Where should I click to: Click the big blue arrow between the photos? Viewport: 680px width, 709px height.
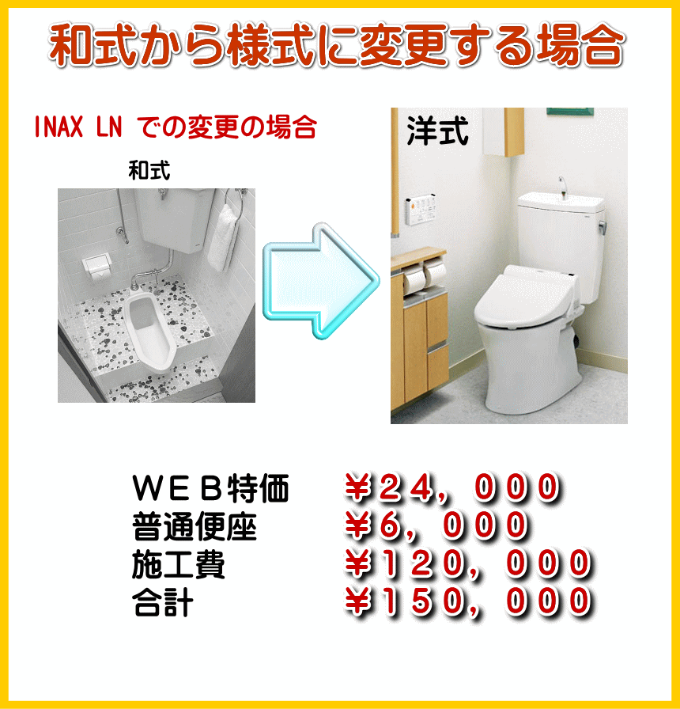click(321, 281)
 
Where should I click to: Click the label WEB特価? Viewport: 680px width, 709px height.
click(210, 488)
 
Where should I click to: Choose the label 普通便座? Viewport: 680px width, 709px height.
click(195, 527)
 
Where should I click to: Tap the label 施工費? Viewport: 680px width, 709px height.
click(179, 565)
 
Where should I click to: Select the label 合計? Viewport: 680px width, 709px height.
click(163, 602)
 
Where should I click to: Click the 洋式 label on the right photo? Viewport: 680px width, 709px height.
click(437, 131)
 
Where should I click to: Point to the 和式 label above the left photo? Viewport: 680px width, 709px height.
click(149, 170)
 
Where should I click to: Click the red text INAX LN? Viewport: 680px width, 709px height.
click(78, 127)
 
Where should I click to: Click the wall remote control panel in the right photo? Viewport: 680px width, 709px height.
click(421, 210)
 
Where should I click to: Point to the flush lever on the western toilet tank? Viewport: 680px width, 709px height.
click(602, 226)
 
